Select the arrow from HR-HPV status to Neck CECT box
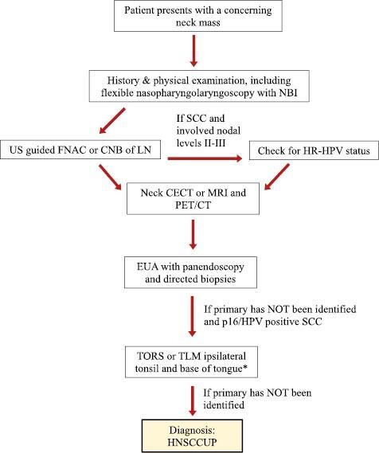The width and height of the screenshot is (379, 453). [270, 179]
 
